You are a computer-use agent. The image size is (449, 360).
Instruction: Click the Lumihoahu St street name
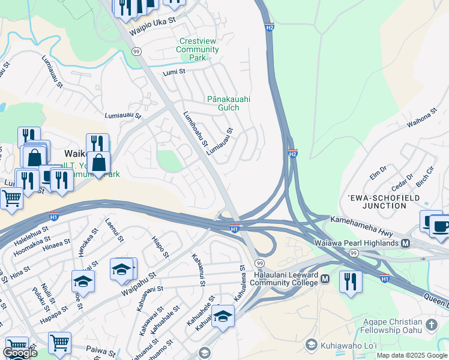coord(195,129)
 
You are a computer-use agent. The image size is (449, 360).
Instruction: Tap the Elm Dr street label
coord(378,172)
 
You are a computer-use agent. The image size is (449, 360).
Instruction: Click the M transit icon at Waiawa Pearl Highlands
coord(405,243)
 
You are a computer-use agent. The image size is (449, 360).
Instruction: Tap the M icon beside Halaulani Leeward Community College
coord(325,279)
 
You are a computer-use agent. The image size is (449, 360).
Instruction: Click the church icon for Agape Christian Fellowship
coord(430,325)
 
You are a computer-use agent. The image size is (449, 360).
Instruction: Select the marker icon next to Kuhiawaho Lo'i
coord(311,344)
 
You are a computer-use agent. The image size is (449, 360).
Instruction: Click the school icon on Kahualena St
coord(223,315)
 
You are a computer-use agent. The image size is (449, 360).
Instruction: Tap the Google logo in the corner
coord(19,353)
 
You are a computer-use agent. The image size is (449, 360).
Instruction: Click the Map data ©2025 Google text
coord(412,355)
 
